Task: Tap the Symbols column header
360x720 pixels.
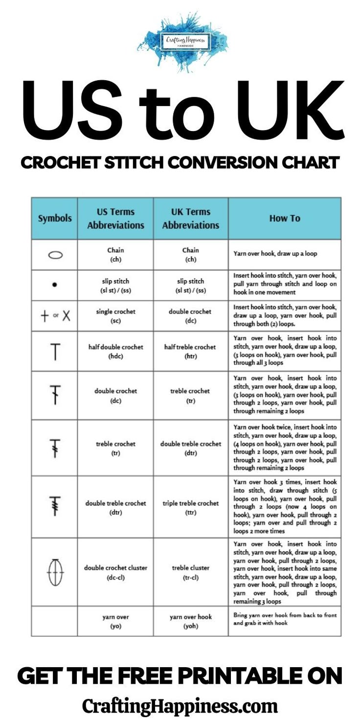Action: (54, 218)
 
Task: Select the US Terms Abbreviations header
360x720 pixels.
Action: (115, 218)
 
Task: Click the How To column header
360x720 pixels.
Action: (285, 218)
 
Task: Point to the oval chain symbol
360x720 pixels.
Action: (55, 255)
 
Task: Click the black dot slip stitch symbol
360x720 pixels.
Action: (55, 284)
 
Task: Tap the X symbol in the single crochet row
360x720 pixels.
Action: (66, 315)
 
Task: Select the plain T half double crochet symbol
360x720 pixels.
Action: (55, 351)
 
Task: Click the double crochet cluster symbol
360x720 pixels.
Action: (55, 572)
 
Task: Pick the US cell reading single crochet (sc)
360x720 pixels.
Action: (115, 316)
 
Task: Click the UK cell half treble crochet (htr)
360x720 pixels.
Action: (190, 351)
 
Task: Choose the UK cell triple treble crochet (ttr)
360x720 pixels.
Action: (190, 507)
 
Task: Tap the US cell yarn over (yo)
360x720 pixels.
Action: (115, 621)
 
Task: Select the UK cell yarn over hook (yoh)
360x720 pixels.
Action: (190, 621)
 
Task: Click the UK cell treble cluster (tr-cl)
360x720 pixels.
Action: (190, 572)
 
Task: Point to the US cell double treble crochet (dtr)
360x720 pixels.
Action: (115, 507)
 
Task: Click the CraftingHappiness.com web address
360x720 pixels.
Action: (180, 706)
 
